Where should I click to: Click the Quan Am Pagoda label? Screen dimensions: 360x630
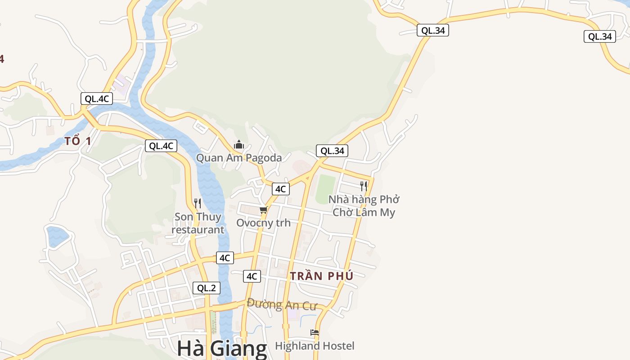click(239, 158)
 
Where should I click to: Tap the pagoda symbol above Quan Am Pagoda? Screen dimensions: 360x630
click(239, 145)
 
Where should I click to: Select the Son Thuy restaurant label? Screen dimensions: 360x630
click(198, 223)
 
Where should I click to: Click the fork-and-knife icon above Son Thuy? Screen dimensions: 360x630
click(197, 203)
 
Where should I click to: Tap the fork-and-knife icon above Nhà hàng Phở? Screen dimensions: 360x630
click(364, 186)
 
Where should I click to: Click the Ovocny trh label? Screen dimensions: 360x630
click(263, 223)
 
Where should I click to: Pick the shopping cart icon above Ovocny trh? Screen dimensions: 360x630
click(264, 210)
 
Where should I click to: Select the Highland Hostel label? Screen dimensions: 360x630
click(315, 346)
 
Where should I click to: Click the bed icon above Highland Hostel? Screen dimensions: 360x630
click(315, 333)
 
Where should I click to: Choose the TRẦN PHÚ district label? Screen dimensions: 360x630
click(322, 276)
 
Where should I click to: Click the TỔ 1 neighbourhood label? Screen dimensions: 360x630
click(78, 141)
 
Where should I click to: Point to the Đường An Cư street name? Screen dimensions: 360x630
click(282, 305)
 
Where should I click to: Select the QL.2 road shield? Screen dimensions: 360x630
click(207, 288)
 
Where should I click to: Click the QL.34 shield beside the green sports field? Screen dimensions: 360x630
click(332, 151)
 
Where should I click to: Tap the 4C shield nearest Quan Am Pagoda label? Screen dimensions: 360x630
click(280, 189)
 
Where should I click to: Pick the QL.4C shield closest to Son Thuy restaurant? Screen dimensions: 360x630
click(161, 146)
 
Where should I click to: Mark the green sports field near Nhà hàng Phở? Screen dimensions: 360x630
click(325, 189)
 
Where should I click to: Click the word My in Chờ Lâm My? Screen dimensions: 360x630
click(387, 212)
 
